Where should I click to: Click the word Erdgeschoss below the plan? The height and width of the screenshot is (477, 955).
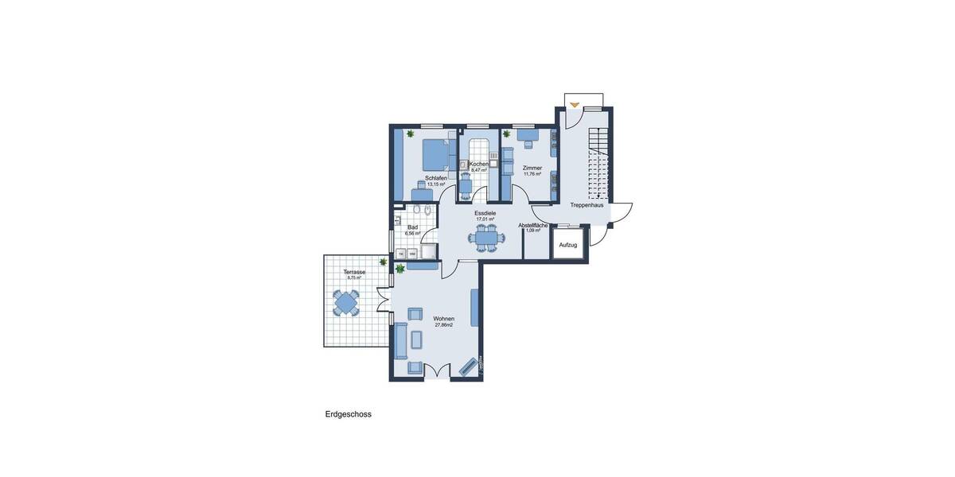[x=348, y=414]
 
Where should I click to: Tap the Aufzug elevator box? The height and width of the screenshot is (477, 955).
[x=568, y=245]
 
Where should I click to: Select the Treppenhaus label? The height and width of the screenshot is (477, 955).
[x=587, y=205]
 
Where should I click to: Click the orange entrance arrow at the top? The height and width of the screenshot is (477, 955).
[x=575, y=103]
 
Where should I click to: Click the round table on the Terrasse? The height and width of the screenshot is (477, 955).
[x=346, y=303]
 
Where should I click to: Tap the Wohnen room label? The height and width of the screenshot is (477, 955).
[x=444, y=319]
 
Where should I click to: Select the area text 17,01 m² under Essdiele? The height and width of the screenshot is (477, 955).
[x=485, y=219]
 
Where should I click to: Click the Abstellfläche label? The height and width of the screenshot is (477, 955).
[x=533, y=225]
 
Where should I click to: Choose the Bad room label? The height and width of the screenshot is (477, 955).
[x=412, y=227]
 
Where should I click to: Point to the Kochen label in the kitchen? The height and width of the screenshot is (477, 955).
[x=478, y=164]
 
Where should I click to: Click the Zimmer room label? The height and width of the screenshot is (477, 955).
[x=532, y=168]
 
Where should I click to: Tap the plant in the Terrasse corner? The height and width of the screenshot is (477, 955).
[x=384, y=262]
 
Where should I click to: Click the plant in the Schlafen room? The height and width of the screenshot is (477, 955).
[x=410, y=134]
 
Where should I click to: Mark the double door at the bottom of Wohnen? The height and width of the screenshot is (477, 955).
[x=436, y=370]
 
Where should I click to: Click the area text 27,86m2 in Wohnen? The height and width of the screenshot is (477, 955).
[x=444, y=325]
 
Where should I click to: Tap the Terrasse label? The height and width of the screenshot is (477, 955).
[x=354, y=272]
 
